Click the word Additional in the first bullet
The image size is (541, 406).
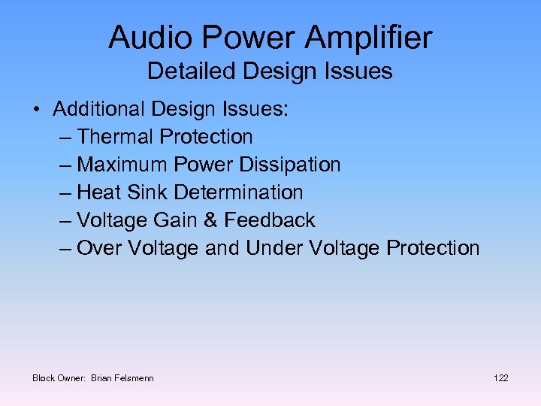(x=99, y=109)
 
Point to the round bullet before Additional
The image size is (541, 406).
(x=37, y=110)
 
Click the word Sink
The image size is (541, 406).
(x=149, y=192)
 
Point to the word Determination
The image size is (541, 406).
(x=238, y=192)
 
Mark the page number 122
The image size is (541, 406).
(x=500, y=377)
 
